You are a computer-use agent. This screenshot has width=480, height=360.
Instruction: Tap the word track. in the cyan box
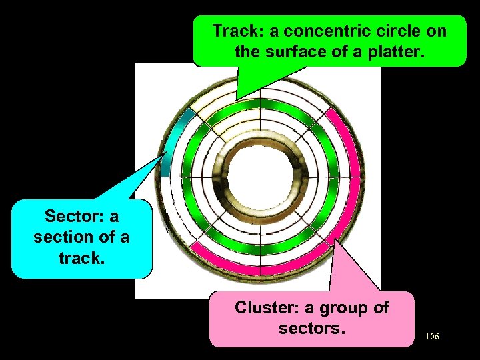point(81,257)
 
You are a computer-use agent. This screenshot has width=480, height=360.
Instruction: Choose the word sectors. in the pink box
point(312,328)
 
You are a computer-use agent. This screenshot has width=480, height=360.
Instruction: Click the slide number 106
point(432,337)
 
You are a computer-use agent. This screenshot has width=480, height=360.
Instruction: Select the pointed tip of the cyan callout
point(166,153)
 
